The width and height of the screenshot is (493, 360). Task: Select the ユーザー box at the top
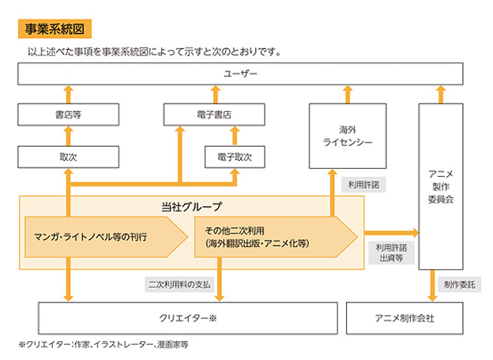click(246, 76)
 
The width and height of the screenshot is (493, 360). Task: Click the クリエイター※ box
click(186, 319)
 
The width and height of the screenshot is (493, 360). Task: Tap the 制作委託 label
click(457, 283)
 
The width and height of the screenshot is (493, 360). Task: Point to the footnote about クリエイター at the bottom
click(103, 345)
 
